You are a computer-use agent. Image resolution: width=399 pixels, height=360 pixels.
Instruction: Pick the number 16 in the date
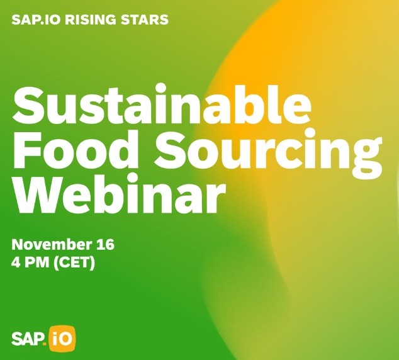104,245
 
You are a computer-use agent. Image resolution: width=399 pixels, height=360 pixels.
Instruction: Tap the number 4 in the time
16,262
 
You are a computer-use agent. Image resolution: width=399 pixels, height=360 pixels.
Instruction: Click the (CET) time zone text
75,262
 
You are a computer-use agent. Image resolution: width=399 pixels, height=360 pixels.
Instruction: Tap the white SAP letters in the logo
28,339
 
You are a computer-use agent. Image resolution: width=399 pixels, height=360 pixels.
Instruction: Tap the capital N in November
18,245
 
